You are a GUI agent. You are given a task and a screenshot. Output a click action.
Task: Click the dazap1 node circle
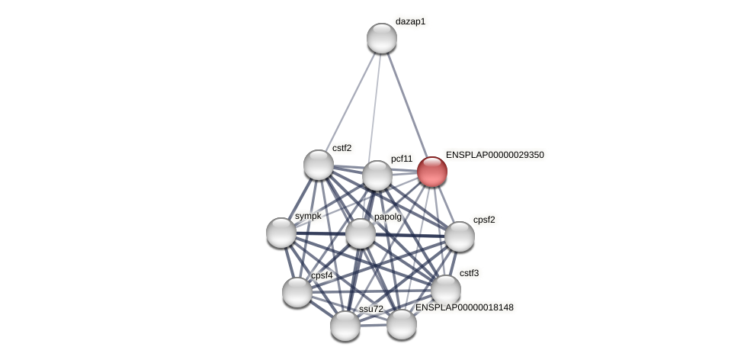(x=381, y=38)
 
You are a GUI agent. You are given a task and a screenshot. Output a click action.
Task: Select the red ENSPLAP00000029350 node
(x=431, y=172)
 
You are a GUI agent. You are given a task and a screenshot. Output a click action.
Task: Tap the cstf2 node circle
(x=319, y=165)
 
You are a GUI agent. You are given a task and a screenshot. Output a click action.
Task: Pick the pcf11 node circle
(x=377, y=175)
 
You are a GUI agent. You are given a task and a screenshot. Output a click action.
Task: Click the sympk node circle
(x=281, y=233)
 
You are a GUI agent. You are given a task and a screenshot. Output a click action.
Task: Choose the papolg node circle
(x=361, y=233)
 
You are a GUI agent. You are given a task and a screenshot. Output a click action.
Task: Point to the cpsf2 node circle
(x=459, y=236)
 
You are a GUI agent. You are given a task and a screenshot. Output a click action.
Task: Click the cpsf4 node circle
(x=297, y=292)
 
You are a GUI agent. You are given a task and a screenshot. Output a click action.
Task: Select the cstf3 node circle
(x=445, y=290)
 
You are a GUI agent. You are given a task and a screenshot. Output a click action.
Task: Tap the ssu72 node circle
(x=345, y=326)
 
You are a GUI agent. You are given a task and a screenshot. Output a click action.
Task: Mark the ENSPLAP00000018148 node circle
(x=401, y=324)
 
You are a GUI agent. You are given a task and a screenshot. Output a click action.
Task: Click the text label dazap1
(x=410, y=21)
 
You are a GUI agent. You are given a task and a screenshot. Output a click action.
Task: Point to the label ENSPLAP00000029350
(x=495, y=155)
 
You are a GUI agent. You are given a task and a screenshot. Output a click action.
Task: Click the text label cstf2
(x=342, y=148)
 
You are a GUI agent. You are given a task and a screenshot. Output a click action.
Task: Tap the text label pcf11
(x=402, y=159)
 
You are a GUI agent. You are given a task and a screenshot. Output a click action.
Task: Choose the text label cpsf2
(x=484, y=220)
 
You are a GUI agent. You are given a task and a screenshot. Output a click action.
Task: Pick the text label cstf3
(x=469, y=273)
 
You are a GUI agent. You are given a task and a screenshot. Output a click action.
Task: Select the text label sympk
(x=308, y=216)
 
